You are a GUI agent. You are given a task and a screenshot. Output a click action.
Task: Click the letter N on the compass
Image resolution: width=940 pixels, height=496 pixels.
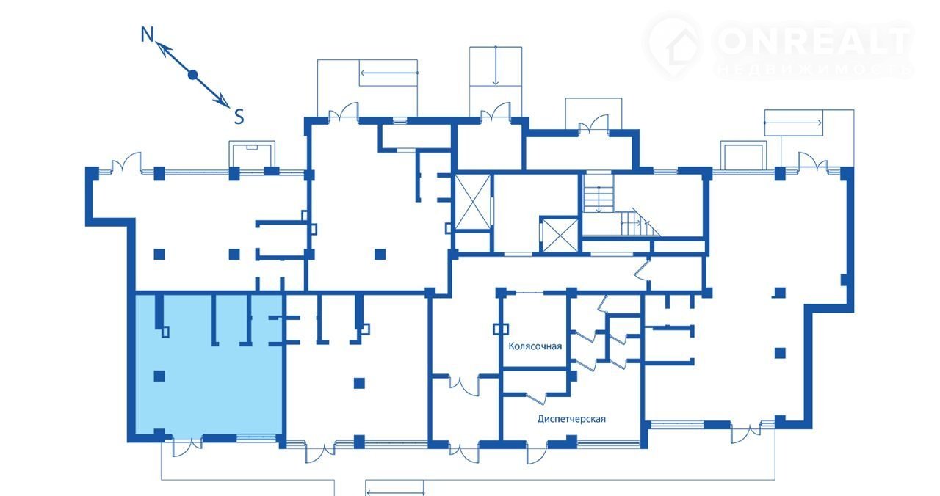tap(147, 34)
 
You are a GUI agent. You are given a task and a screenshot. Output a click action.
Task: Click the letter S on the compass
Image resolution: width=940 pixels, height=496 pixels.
tap(239, 117)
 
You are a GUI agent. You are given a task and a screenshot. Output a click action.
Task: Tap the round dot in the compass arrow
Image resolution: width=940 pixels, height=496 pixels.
tap(192, 75)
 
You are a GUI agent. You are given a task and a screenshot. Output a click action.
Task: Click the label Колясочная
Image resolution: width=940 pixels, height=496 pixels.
tap(535, 346)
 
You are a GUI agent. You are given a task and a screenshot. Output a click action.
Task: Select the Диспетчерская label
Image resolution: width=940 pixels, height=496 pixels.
tap(571, 419)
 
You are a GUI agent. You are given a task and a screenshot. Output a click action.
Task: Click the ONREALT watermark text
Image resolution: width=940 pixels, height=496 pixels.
tap(814, 41)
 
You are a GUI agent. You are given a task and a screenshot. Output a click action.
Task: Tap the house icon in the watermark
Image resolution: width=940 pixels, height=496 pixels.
tap(676, 46)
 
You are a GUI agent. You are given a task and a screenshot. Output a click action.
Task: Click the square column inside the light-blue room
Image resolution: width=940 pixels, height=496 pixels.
tap(159, 376)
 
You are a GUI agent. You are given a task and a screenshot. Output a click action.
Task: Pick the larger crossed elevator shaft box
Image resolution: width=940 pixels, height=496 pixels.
tap(474, 202)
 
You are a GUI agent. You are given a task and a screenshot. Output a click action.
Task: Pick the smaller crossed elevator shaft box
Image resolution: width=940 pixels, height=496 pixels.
tap(560, 235)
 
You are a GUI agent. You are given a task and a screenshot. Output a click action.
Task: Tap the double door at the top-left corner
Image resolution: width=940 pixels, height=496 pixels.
tap(126, 162)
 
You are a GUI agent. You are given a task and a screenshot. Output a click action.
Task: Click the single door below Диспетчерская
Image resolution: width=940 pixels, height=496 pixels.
tap(538, 453)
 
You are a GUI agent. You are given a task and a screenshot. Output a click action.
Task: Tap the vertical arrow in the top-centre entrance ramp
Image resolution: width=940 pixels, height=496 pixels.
tap(496, 66)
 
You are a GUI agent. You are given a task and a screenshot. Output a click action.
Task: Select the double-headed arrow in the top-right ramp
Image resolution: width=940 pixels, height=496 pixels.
tap(792, 123)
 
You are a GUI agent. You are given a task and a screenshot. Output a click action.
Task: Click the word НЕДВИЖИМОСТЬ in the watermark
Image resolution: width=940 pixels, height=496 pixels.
tap(814, 70)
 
